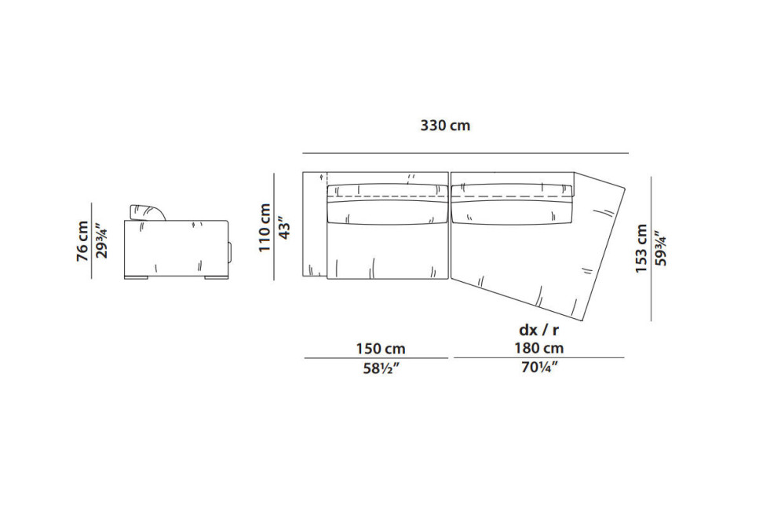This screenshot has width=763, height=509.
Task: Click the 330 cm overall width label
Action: pyautogui.click(x=445, y=126)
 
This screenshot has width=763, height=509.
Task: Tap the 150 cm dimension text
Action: pyautogui.click(x=381, y=349)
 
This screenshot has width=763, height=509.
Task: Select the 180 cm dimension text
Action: pyautogui.click(x=539, y=348)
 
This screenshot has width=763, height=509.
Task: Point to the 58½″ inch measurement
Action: pyautogui.click(x=381, y=368)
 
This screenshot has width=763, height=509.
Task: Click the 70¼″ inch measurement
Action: pyautogui.click(x=539, y=368)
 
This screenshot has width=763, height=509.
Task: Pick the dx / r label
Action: pyautogui.click(x=539, y=330)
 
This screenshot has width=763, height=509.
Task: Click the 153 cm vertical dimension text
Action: pyautogui.click(x=642, y=248)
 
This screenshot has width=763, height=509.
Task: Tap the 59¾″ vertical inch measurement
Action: pyautogui.click(x=661, y=248)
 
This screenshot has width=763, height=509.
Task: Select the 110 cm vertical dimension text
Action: pyautogui.click(x=265, y=228)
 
